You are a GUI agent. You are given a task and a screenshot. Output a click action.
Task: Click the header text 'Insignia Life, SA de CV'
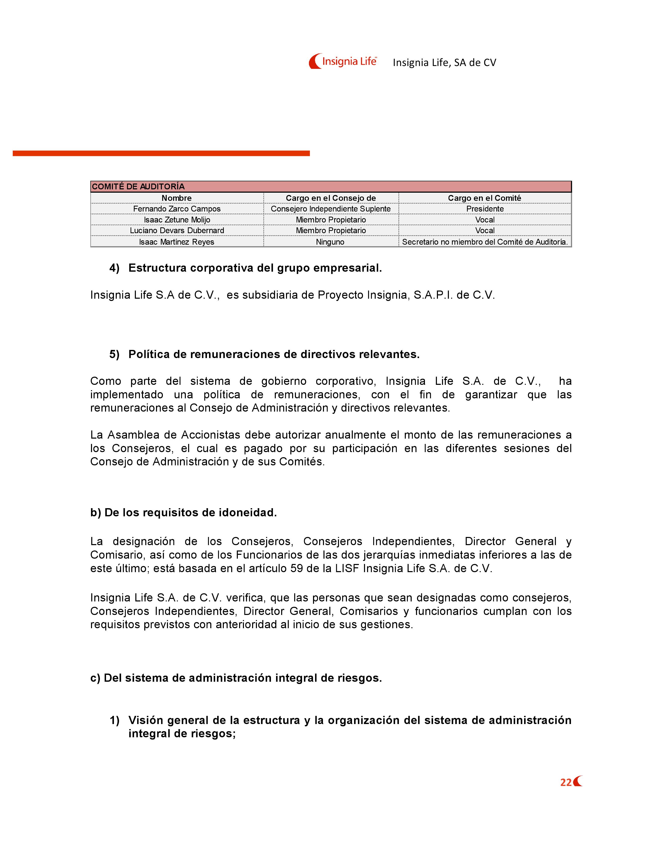coord(444,63)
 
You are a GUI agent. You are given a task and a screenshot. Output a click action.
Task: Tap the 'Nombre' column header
coord(176,198)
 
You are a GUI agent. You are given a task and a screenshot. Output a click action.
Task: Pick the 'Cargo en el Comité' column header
coord(484,198)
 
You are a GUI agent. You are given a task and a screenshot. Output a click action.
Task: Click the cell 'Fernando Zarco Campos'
coord(177,209)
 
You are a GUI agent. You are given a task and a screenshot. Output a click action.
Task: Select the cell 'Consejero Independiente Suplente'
coord(331,209)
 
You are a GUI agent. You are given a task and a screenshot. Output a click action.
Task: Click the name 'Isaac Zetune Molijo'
coord(177,219)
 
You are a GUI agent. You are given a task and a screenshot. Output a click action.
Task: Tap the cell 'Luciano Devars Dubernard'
coord(177,230)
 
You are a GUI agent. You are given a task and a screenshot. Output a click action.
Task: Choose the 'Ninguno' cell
coord(330,242)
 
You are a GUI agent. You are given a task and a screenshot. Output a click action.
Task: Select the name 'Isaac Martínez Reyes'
coord(177,242)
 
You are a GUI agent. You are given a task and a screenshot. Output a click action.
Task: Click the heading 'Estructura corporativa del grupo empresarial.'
coord(255,268)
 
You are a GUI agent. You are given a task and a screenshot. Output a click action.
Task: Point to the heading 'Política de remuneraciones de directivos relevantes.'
coord(274,354)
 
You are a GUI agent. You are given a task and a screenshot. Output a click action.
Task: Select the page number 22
coord(566,782)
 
